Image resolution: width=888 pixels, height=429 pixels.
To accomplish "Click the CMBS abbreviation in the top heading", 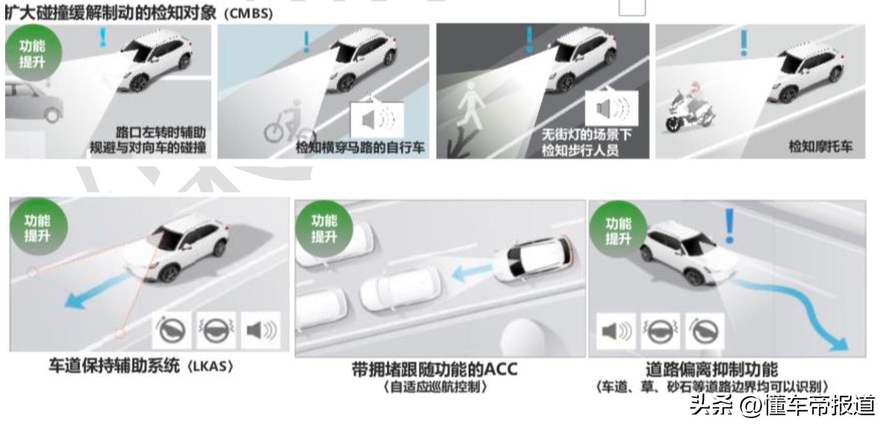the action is point(248,13).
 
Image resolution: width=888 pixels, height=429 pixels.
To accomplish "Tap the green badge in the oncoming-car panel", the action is point(33,53).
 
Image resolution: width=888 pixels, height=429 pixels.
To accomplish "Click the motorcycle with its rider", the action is point(689,108).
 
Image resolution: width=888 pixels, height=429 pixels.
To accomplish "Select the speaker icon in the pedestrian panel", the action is point(611,108).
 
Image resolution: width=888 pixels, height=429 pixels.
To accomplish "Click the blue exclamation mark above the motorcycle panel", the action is point(743,42).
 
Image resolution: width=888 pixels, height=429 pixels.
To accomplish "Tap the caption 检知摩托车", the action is point(821,146).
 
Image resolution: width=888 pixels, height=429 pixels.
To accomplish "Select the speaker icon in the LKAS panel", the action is point(261,330).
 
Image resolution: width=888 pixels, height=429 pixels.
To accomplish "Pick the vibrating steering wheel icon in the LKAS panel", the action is point(216,330).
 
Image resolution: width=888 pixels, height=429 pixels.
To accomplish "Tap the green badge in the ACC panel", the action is point(324,228).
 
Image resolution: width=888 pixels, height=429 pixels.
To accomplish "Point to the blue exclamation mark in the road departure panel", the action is point(729,226).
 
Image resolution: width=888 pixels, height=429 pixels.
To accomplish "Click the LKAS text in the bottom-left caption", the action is point(210,366).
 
